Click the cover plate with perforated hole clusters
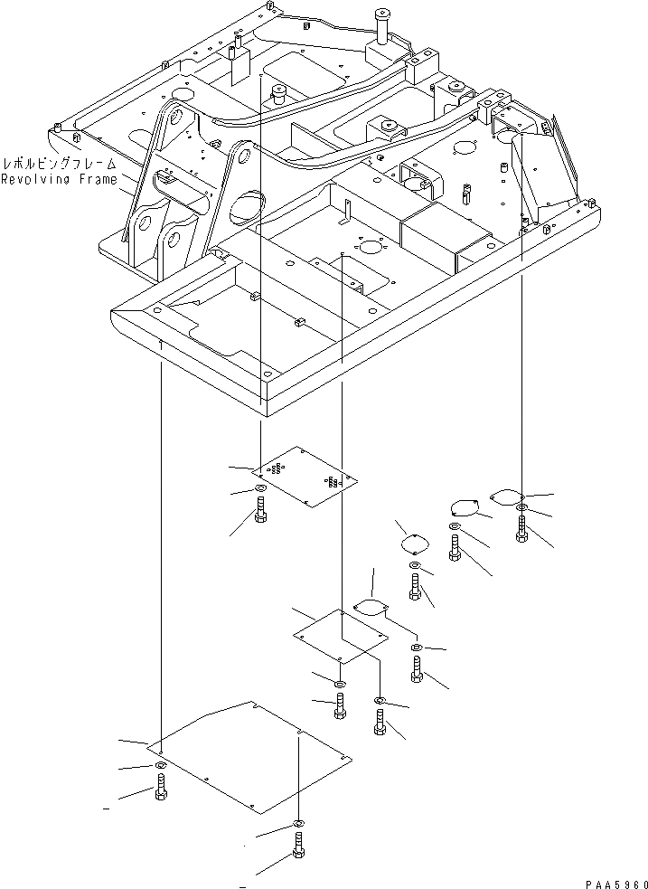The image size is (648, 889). [x=305, y=476]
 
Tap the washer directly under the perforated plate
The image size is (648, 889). [x=260, y=490]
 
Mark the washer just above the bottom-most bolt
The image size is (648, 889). [x=298, y=825]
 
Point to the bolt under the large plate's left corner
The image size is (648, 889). [x=160, y=790]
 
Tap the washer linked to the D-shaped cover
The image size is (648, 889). [x=416, y=648]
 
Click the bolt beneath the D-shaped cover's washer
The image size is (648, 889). [x=416, y=670]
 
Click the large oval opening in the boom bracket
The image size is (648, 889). [x=246, y=208]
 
